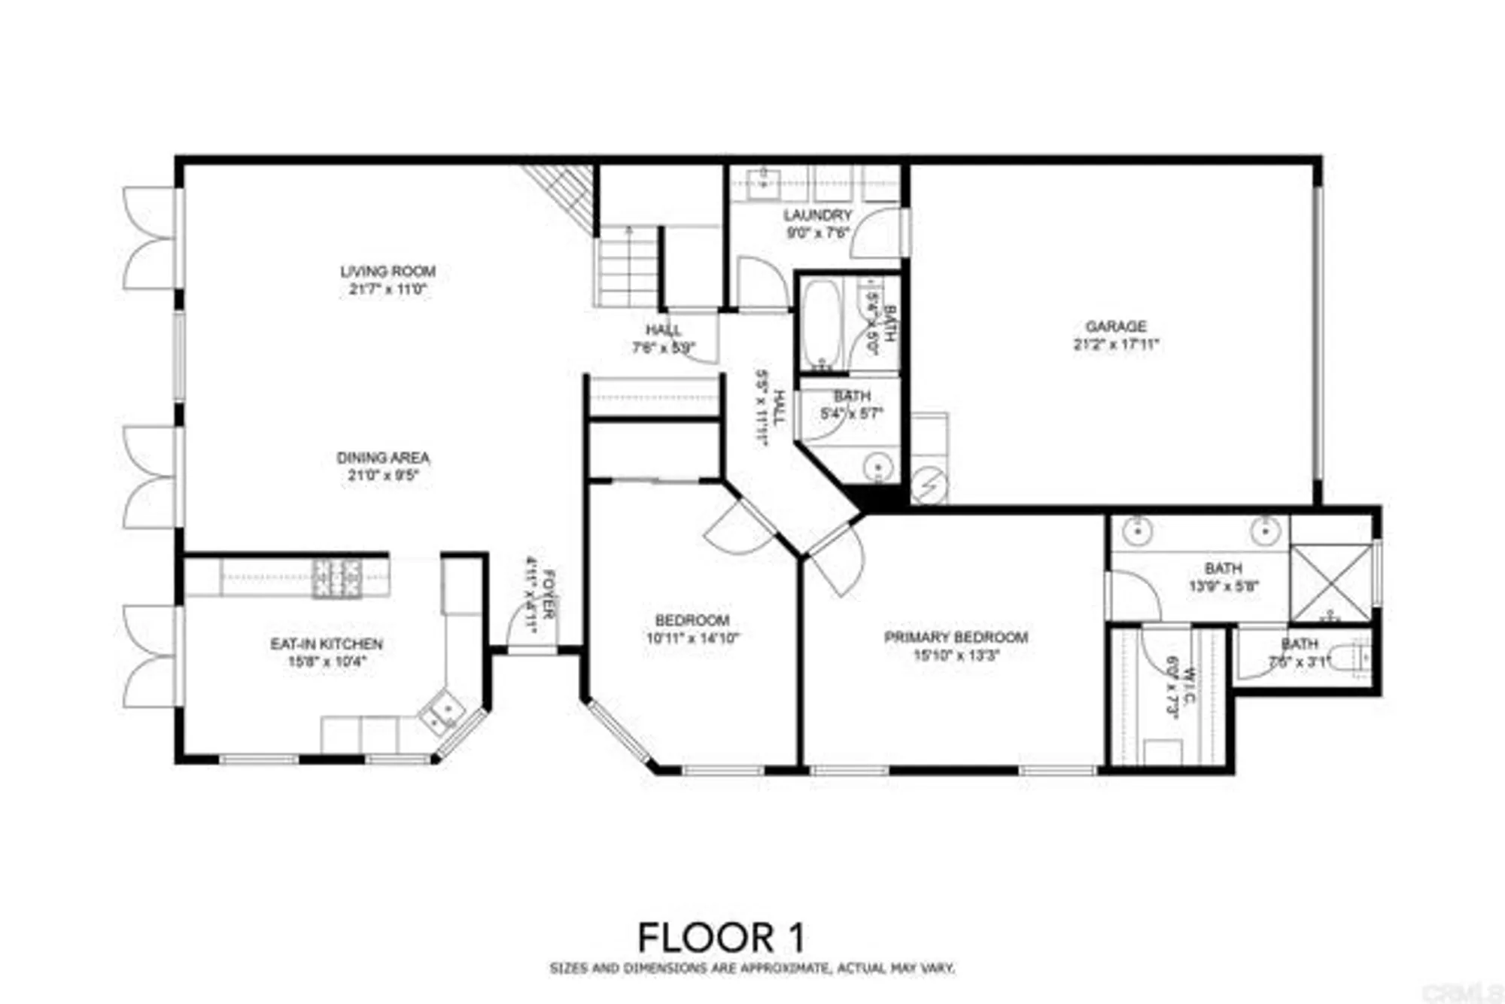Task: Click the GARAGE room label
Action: [x=1115, y=327]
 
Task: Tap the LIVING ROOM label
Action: [x=388, y=272]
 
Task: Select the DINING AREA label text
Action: [x=383, y=458]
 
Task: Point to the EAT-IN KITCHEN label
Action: [x=327, y=644]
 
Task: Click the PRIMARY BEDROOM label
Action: [x=956, y=637]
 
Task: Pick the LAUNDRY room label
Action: [x=817, y=215]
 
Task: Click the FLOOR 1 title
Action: [x=721, y=938]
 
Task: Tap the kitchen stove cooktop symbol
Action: [x=336, y=578]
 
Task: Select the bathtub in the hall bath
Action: [x=819, y=324]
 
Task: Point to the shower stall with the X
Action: [x=1331, y=583]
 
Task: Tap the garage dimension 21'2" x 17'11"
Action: [x=1115, y=345]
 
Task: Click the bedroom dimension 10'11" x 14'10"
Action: [x=692, y=639]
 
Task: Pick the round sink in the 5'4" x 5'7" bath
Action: [x=877, y=466]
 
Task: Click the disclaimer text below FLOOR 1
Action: [x=752, y=969]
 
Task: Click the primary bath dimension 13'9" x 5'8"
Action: [x=1223, y=586]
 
